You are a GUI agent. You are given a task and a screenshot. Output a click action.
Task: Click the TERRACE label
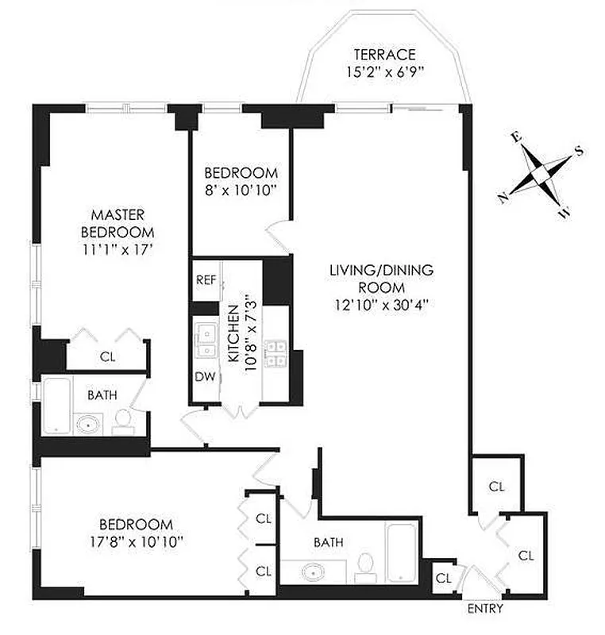pyautogui.click(x=384, y=55)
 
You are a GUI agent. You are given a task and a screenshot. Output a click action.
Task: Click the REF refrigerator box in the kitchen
pyautogui.click(x=206, y=279)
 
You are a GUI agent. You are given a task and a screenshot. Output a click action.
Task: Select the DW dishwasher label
pyautogui.click(x=204, y=376)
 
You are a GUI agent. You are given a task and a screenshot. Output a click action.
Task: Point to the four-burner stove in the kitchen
pyautogui.click(x=275, y=353)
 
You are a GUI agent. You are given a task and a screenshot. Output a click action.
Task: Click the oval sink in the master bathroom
pyautogui.click(x=86, y=423)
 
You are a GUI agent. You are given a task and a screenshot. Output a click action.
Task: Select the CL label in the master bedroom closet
pyautogui.click(x=107, y=357)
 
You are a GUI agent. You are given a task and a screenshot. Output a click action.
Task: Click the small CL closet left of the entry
pyautogui.click(x=442, y=577)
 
